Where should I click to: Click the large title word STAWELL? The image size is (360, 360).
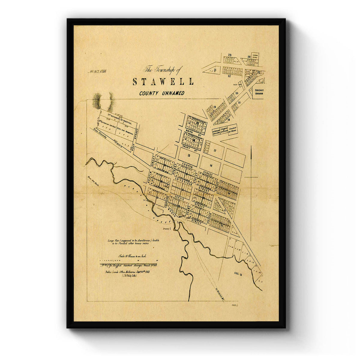pyautogui.click(x=163, y=82)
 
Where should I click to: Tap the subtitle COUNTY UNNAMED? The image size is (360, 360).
pyautogui.click(x=162, y=93)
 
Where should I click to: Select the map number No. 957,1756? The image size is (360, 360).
pyautogui.click(x=97, y=71)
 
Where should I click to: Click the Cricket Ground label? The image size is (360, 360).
pyautogui.click(x=259, y=92)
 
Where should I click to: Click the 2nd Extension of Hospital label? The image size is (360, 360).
pyautogui.click(x=120, y=115)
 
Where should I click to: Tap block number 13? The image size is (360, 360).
pyautogui.click(x=188, y=155)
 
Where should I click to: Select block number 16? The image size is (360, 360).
pyautogui.click(x=211, y=165)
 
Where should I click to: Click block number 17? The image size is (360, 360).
pyautogui.click(x=215, y=151)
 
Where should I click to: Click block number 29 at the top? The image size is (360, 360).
pyautogui.click(x=230, y=55)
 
